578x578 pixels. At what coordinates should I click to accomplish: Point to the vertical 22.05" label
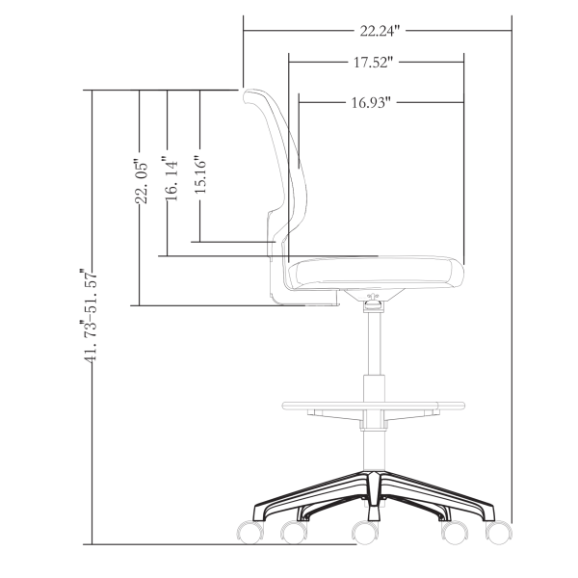(x=142, y=183)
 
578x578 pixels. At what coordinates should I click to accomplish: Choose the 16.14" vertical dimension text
(x=170, y=178)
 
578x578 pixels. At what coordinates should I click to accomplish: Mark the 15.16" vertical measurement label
(x=199, y=174)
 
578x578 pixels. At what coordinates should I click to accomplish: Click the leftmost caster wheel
(x=248, y=531)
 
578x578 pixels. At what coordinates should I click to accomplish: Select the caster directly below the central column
(x=364, y=532)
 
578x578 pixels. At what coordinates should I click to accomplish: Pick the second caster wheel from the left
(x=291, y=532)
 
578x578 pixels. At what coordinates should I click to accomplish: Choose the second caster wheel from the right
(x=451, y=532)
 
